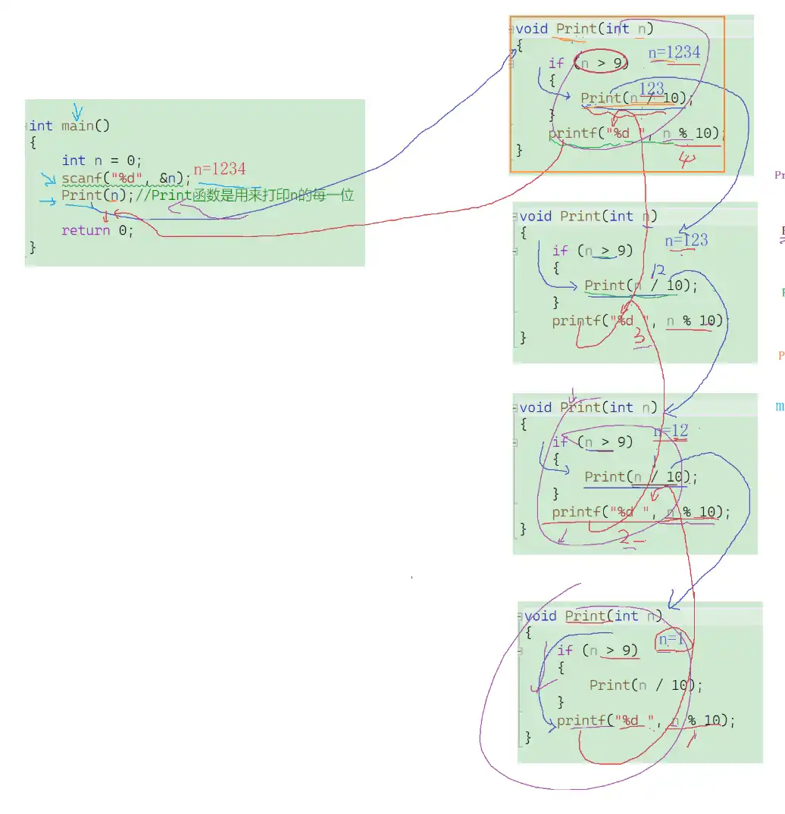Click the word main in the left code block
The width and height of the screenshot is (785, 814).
coord(77,126)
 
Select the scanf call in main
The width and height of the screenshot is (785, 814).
coord(121,179)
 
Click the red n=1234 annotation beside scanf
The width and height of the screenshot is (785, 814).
coord(220,170)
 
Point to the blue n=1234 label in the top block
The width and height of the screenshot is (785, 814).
coord(674,52)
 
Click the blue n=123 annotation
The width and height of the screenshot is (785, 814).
coord(686,241)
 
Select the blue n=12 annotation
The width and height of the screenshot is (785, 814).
coord(671,432)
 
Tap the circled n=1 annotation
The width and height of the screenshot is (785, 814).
coord(672,640)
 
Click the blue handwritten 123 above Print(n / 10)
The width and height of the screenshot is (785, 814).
coord(652,89)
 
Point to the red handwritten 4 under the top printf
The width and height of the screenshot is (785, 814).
coord(686,161)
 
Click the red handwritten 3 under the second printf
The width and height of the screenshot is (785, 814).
coord(640,338)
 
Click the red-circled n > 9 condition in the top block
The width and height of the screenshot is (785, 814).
coord(602,63)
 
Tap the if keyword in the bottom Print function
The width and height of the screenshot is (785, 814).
coord(565,650)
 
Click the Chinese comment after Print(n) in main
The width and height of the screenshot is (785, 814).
coord(250,195)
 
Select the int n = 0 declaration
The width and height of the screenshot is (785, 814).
coord(102,161)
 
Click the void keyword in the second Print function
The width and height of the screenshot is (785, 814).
coord(536,217)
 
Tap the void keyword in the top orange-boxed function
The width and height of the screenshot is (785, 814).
coord(532,29)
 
